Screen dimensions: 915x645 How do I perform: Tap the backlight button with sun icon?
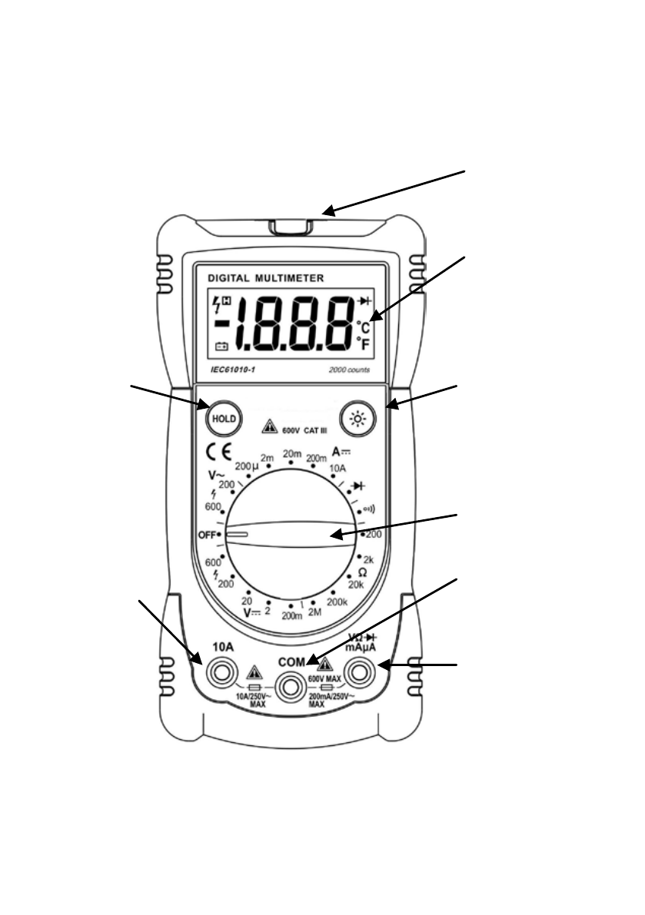coord(355,418)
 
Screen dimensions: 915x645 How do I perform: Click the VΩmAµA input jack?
coord(358,674)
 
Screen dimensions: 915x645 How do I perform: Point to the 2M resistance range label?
coord(316,612)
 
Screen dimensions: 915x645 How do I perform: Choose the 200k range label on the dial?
coord(337,602)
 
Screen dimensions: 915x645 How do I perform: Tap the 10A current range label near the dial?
coord(338,466)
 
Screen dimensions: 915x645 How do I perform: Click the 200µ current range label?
coord(247,466)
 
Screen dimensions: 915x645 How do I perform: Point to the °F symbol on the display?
coord(364,344)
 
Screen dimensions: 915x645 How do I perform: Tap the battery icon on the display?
coord(221,346)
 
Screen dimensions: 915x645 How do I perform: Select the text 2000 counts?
coord(348,370)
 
